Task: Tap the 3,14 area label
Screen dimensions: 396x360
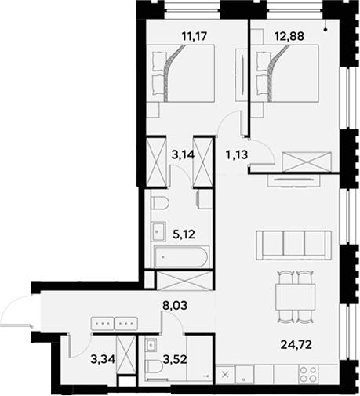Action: [171, 154]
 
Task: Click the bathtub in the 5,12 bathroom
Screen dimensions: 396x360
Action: [182, 256]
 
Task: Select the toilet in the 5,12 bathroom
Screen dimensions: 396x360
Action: [160, 205]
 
